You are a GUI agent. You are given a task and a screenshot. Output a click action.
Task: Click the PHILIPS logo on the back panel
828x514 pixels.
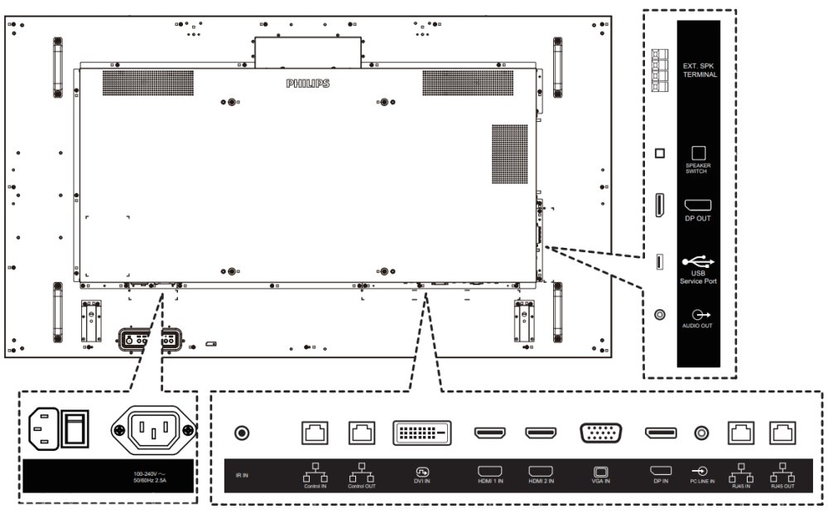[307, 84]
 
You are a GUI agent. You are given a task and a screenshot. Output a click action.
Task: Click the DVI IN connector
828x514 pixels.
[421, 433]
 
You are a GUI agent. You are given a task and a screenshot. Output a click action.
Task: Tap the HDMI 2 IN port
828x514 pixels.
[541, 433]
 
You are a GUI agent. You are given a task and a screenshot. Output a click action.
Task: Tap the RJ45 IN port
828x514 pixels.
[739, 432]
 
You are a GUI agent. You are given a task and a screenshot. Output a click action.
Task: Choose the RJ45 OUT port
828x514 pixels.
[782, 432]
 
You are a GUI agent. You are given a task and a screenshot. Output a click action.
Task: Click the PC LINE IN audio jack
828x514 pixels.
[703, 433]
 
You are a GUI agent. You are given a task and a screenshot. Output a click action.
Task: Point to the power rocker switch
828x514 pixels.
[76, 428]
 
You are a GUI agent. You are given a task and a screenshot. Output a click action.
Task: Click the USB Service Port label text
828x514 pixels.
[698, 279]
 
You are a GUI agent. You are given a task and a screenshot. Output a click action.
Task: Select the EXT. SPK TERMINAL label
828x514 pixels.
[700, 69]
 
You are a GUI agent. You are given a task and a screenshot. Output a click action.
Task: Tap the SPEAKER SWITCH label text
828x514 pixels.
[698, 167]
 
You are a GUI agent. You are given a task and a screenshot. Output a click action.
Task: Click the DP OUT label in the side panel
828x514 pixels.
[697, 219]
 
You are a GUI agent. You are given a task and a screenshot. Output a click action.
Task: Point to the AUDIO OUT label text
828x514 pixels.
[698, 327]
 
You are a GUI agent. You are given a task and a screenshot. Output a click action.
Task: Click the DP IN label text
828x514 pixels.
[660, 481]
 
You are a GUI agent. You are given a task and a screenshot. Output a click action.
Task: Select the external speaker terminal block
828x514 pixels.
[660, 67]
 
